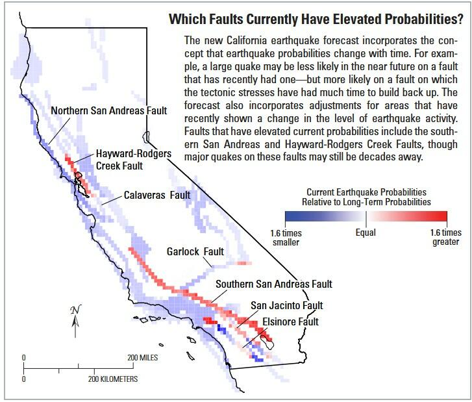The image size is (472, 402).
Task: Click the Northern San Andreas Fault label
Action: click(108, 110)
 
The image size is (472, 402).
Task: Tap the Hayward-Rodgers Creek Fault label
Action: click(134, 160)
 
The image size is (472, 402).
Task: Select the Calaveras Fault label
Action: click(157, 195)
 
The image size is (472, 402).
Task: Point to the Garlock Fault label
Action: click(195, 251)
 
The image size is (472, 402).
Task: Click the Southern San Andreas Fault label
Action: click(274, 284)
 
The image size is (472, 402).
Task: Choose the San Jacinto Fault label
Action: click(286, 305)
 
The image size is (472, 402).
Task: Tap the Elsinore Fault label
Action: click(290, 321)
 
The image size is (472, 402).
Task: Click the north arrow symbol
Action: click(75, 321)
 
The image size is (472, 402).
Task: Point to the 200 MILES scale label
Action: click(142, 357)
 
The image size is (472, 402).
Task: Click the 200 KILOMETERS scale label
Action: click(113, 379)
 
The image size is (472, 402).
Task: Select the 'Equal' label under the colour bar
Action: click(366, 232)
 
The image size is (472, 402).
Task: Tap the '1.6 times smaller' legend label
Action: click(286, 237)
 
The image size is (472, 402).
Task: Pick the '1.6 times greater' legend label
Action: click(446, 237)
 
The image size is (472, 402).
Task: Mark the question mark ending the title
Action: click(460, 19)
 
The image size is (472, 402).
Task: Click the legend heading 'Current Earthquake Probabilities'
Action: click(366, 192)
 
